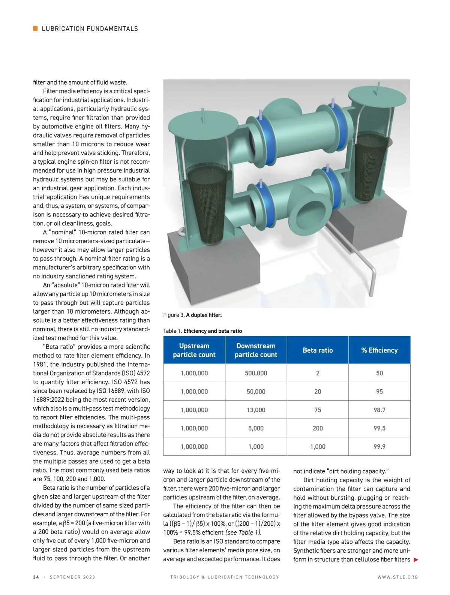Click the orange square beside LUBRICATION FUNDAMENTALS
[35, 28]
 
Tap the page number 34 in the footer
[36, 577]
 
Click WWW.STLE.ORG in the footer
[397, 577]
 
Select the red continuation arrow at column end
[415, 560]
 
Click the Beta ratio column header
[318, 350]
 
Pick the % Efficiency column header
[379, 350]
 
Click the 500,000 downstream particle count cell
[256, 373]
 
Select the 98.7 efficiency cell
[379, 410]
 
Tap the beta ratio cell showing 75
[318, 410]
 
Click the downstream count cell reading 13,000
[256, 410]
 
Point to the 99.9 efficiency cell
[379, 447]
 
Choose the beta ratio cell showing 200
[318, 428]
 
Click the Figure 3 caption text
[192, 315]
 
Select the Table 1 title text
[202, 331]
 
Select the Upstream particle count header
[194, 350]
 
